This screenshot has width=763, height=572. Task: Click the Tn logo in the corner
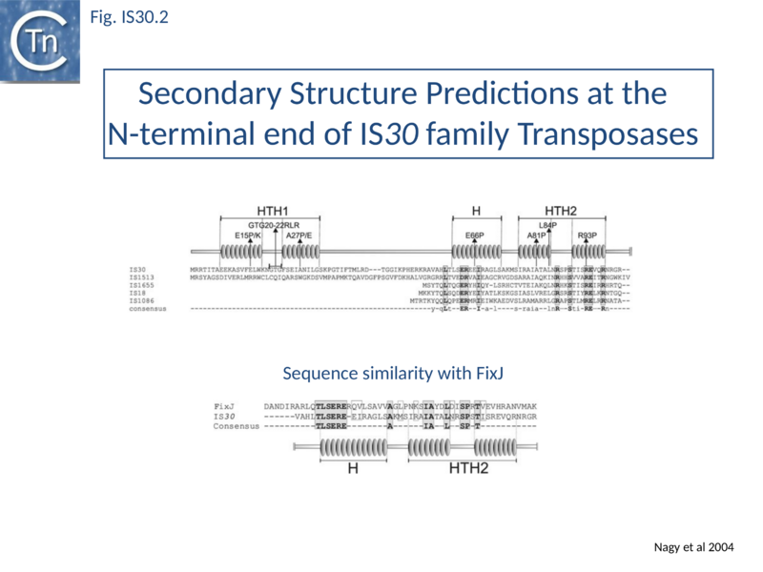pos(40,40)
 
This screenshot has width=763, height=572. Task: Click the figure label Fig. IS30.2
pos(128,16)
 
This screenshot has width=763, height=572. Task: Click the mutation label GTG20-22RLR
pos(275,224)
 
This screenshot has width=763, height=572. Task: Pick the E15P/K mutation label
pos(248,235)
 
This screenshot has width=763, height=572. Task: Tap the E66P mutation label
pos(475,235)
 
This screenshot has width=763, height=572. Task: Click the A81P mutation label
pos(536,235)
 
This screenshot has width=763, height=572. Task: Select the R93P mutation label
pos(587,235)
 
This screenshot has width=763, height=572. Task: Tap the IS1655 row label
pos(142,285)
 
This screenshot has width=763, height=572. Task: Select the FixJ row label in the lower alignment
pos(224,404)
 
